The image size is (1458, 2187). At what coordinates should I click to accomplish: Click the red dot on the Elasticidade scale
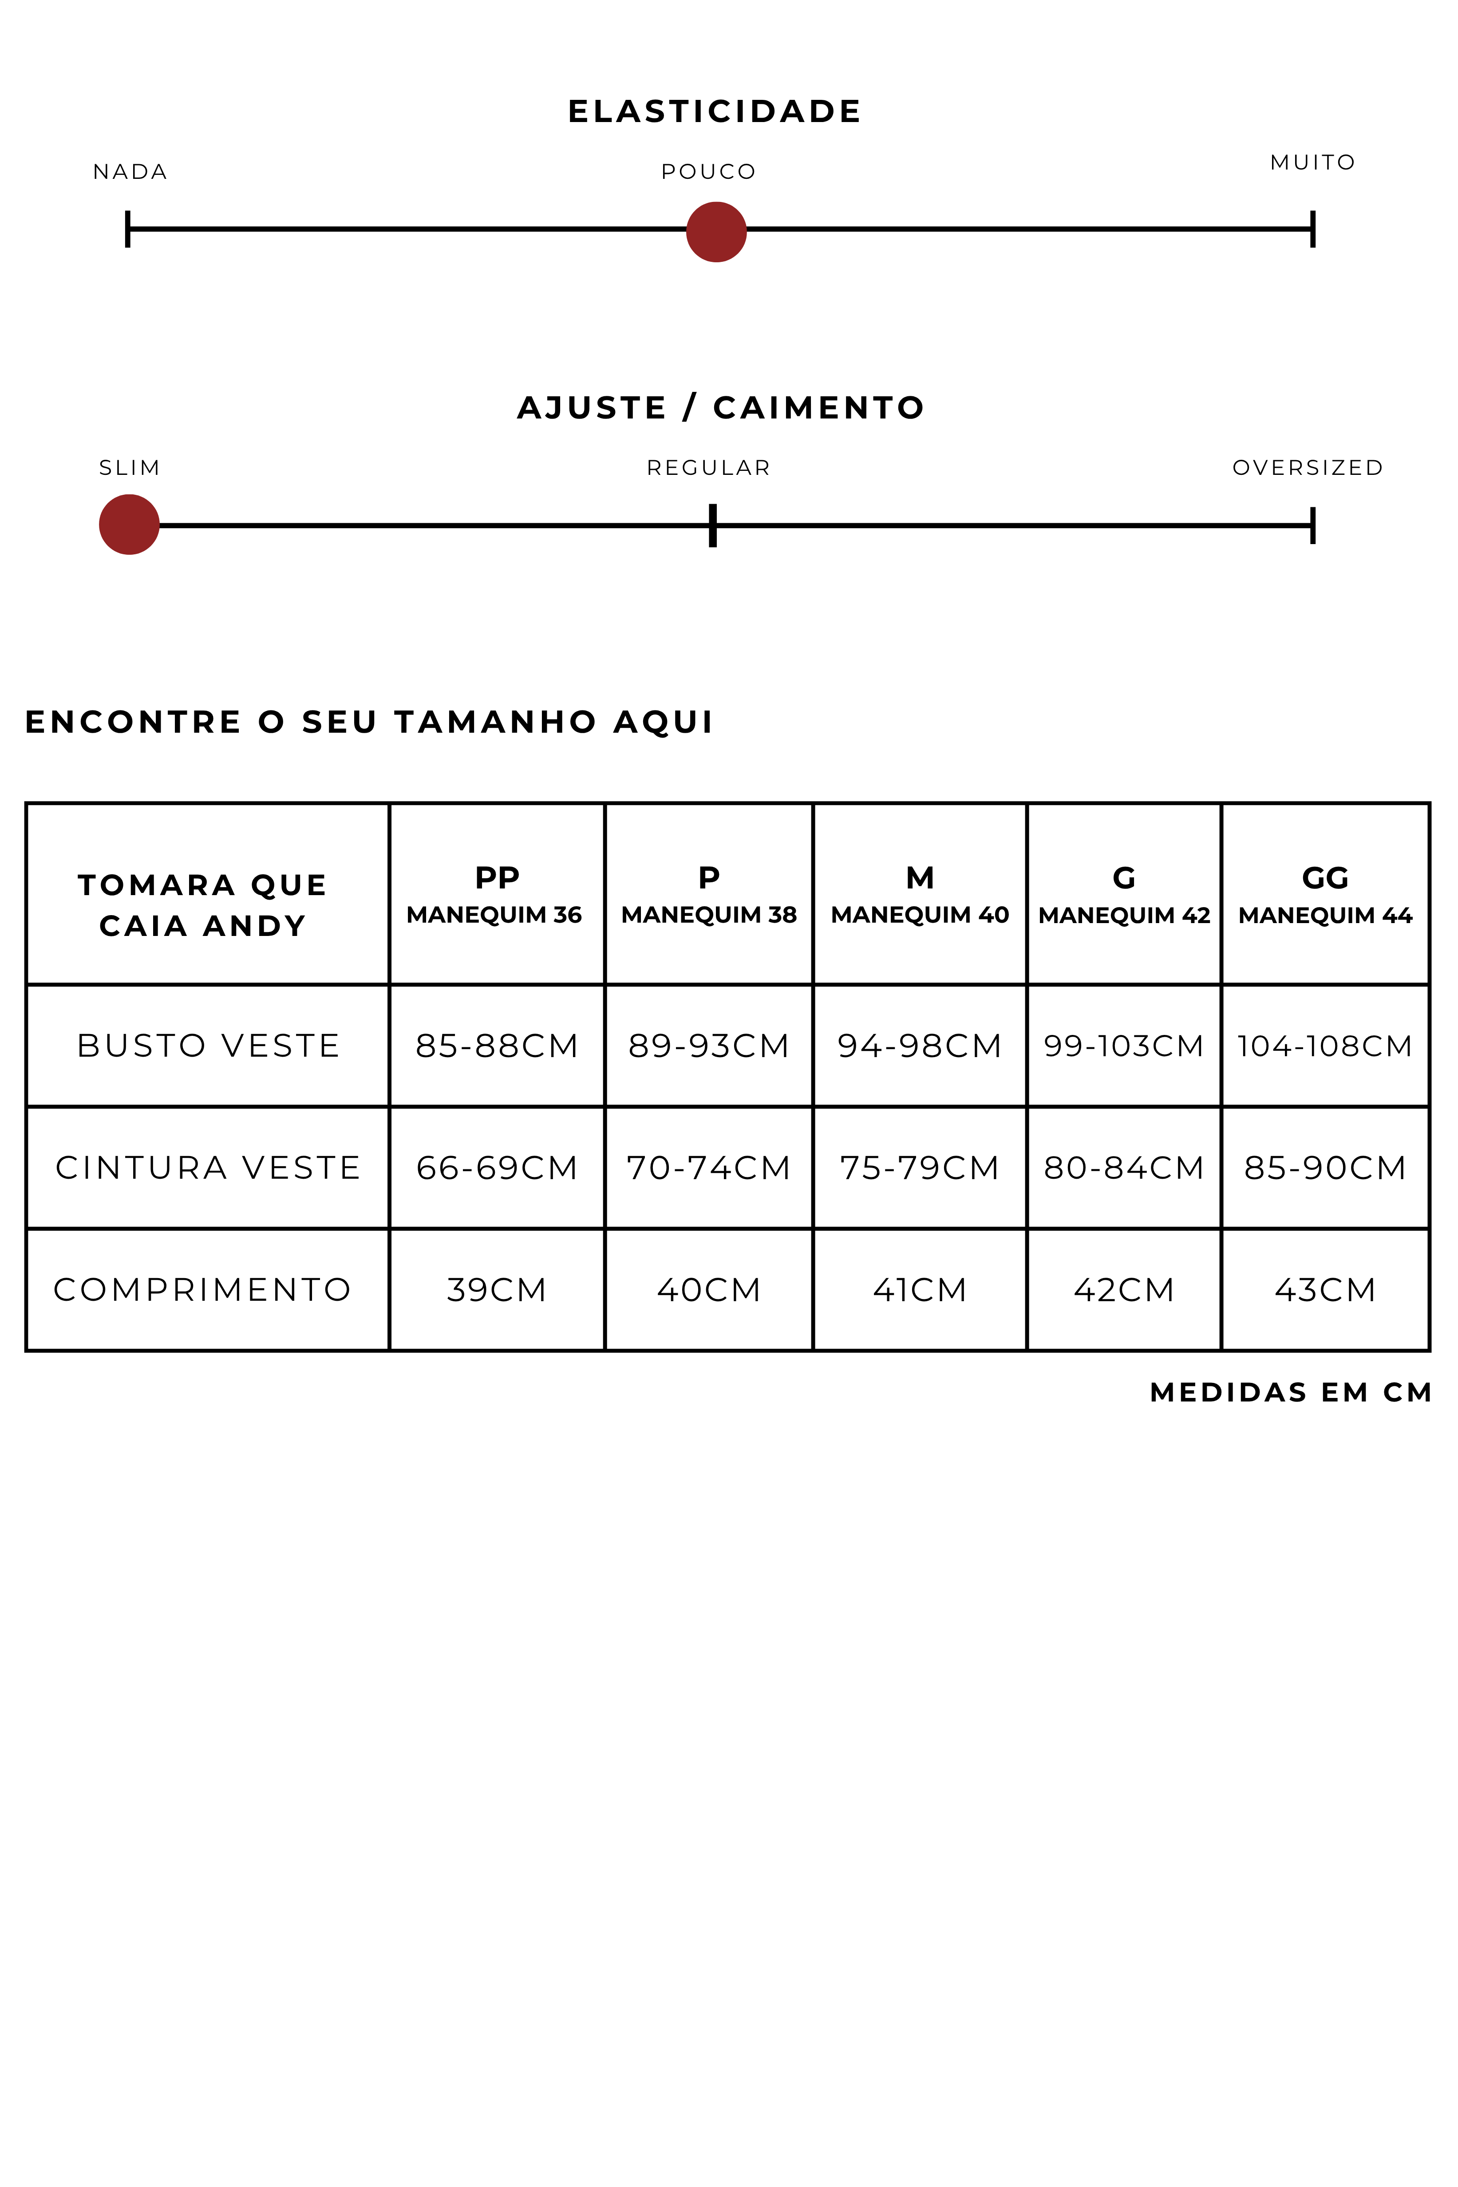(716, 233)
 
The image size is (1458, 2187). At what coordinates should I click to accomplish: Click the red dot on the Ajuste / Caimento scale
(129, 525)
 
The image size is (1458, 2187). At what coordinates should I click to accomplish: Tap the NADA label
(130, 172)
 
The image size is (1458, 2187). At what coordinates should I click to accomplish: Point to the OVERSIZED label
(1308, 468)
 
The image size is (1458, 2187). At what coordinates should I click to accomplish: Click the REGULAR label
(708, 468)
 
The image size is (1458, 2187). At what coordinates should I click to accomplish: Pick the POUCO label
(708, 172)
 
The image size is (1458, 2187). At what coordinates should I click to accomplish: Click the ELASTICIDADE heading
(714, 111)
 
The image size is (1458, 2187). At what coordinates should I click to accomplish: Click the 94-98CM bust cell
(919, 1046)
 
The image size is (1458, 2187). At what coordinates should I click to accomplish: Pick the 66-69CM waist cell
(497, 1168)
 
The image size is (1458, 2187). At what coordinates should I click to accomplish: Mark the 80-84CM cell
(1123, 1168)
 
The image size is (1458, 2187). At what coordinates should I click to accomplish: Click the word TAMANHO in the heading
(495, 722)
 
